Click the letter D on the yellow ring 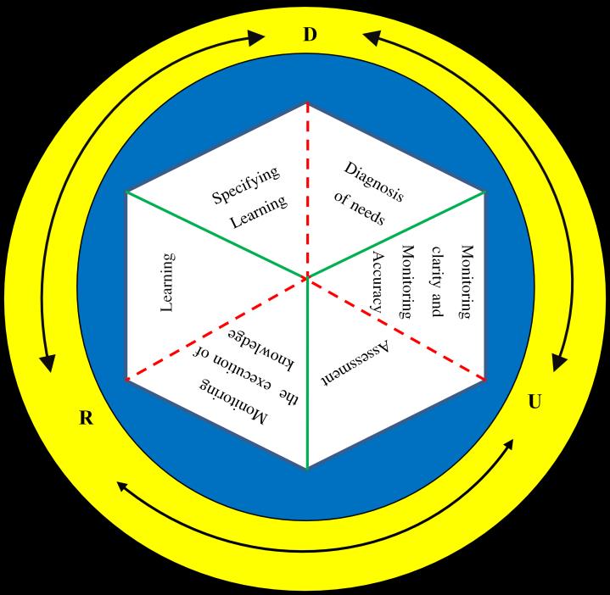[x=310, y=35]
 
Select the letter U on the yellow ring [x=534, y=402]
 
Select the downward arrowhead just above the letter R [x=49, y=363]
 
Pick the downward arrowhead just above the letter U [x=559, y=362]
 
